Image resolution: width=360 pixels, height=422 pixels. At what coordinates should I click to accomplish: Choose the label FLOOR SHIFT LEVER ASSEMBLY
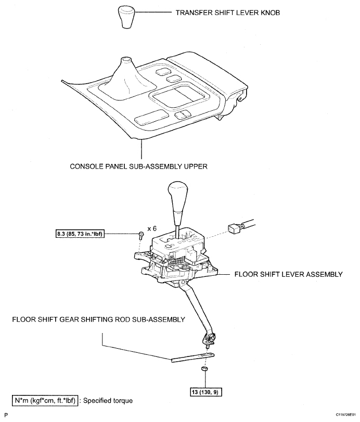click(288, 274)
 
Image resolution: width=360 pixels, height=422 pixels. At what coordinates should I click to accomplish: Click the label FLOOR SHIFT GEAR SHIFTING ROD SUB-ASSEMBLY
click(98, 320)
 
